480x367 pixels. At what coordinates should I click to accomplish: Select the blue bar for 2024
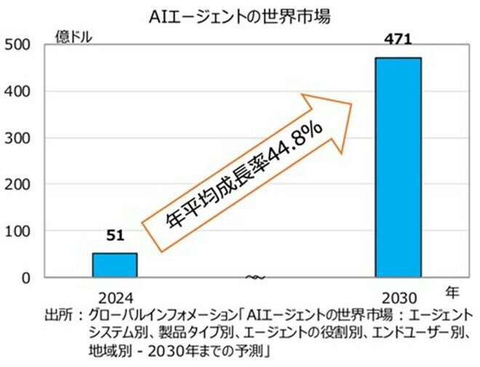[x=114, y=265]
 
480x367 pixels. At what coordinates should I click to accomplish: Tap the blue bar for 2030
[x=398, y=167]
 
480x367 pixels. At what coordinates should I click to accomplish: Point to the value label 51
[x=116, y=235]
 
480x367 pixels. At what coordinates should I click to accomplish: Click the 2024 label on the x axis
[x=116, y=298]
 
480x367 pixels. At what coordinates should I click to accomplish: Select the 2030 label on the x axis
[x=398, y=298]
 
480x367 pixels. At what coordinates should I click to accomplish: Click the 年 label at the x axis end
[x=452, y=294]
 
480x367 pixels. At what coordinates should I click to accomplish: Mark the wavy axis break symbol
[x=255, y=277]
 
